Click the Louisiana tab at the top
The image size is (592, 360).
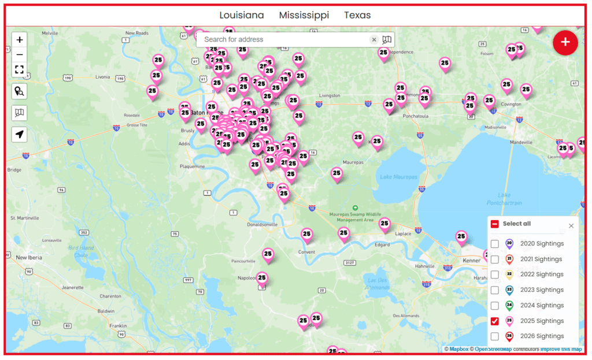tap(242, 16)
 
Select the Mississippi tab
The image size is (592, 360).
tap(304, 16)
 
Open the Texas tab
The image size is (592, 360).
tap(357, 16)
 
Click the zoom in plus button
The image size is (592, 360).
tap(20, 40)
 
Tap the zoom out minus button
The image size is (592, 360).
tap(20, 55)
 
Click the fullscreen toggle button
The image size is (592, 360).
tap(20, 69)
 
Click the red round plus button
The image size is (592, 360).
tap(565, 42)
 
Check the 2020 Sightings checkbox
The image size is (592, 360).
tap(495, 244)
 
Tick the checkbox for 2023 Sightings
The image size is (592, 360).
tap(495, 290)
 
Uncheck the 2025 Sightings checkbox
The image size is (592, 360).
tap(495, 321)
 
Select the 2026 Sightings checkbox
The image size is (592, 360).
tap(495, 336)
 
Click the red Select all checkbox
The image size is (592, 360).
tap(495, 224)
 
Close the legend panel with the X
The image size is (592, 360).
tap(571, 226)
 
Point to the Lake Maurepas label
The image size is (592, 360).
tap(398, 176)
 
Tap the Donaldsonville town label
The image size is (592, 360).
tap(262, 224)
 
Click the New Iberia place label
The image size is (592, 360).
tap(29, 257)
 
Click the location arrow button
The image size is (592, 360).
tap(20, 135)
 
